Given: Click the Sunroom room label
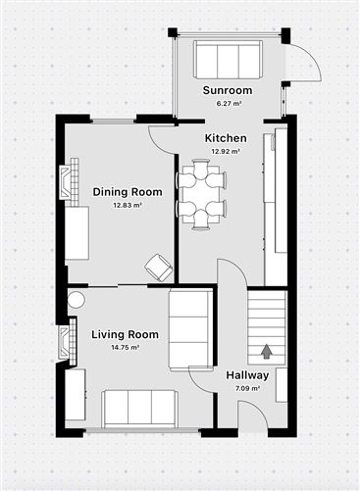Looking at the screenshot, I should [228, 90].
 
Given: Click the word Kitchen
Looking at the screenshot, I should [226, 138].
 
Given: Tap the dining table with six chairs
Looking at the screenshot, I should [202, 194].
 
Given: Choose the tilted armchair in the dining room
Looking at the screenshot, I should [156, 266].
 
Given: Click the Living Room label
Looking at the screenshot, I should [125, 335].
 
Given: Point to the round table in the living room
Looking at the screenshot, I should [77, 301].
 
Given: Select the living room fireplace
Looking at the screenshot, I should [67, 341].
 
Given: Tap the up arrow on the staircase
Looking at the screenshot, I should [266, 348].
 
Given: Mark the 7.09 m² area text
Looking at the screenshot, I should [247, 388].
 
